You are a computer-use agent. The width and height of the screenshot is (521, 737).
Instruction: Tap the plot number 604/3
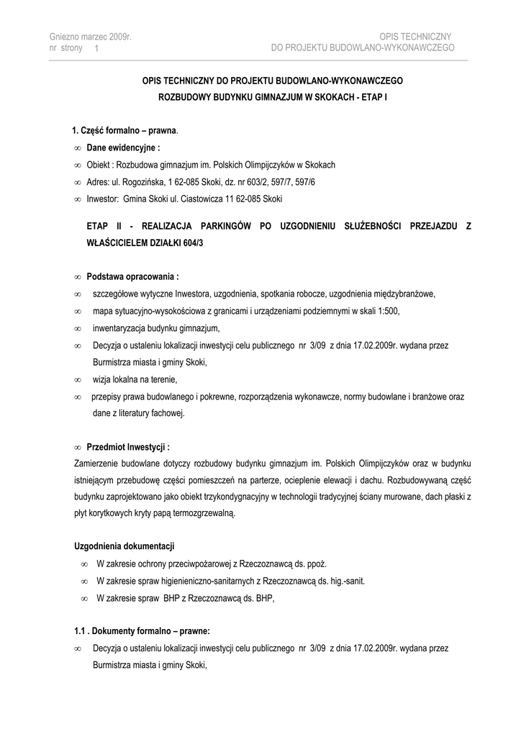click(199, 243)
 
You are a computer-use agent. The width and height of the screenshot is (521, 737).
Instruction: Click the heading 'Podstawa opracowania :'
click(132, 276)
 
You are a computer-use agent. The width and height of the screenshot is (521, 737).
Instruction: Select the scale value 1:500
click(386, 311)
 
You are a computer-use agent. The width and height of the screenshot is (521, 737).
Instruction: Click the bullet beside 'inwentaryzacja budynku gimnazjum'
click(77, 328)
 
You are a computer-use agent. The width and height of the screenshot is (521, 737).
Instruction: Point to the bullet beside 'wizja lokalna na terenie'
click(77, 379)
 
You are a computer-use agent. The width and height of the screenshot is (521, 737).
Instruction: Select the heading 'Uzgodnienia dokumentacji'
click(124, 546)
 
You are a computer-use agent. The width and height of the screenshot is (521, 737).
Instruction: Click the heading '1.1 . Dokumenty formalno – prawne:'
click(142, 630)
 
